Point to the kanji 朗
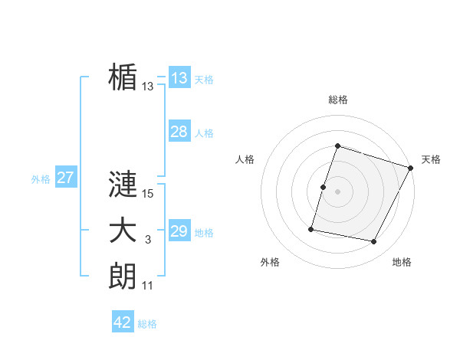pyautogui.click(x=123, y=275)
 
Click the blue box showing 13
pyautogui.click(x=179, y=78)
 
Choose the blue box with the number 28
pyautogui.click(x=179, y=132)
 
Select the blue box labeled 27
pyautogui.click(x=65, y=178)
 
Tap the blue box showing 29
pyautogui.click(x=179, y=231)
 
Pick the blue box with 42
pyautogui.click(x=122, y=322)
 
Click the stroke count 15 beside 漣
pyautogui.click(x=149, y=194)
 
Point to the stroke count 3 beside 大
pyautogui.click(x=148, y=241)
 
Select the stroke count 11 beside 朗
pyautogui.click(x=148, y=286)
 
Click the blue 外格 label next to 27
pyautogui.click(x=41, y=179)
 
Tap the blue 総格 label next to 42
pyautogui.click(x=147, y=324)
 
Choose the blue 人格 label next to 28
pyautogui.click(x=204, y=133)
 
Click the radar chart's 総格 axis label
pyautogui.click(x=337, y=100)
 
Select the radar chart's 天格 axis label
pyautogui.click(x=431, y=159)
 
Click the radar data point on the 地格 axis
pyautogui.click(x=374, y=242)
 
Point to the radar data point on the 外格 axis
pyautogui.click(x=311, y=228)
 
